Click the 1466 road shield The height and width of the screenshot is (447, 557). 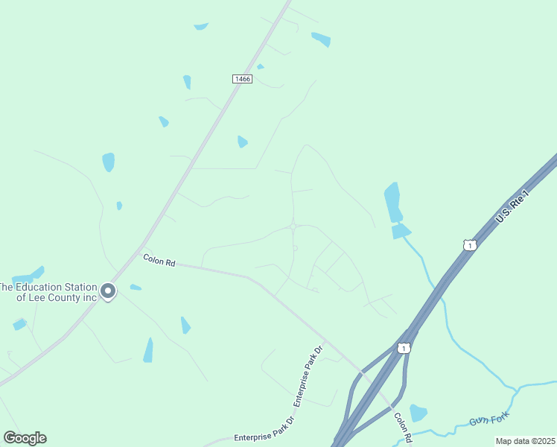[242, 79]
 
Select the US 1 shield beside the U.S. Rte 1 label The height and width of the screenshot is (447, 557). [469, 245]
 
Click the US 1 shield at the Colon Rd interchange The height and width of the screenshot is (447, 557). [404, 348]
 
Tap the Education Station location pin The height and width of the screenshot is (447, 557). [108, 291]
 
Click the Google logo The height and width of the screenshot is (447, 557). [25, 437]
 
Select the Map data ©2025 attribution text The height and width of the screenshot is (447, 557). [525, 441]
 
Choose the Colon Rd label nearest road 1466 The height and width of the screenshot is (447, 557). [159, 261]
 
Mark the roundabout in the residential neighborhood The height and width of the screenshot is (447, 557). [293, 226]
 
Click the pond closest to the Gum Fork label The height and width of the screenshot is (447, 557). [418, 413]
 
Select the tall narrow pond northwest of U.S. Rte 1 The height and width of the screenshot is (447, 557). [392, 202]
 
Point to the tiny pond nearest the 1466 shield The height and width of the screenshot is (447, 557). [260, 67]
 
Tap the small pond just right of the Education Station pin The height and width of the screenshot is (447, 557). [135, 288]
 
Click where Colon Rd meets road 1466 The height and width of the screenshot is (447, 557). [142, 246]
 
